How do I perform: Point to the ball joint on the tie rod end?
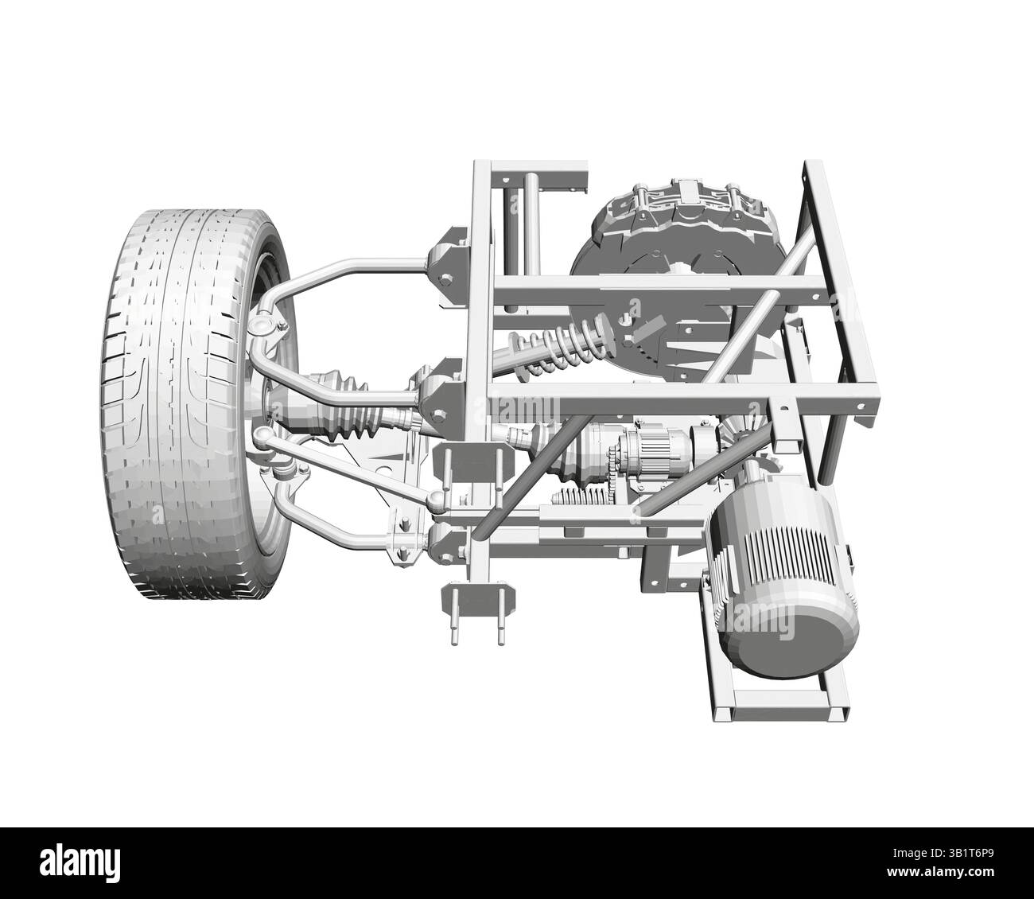pos(437,500)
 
